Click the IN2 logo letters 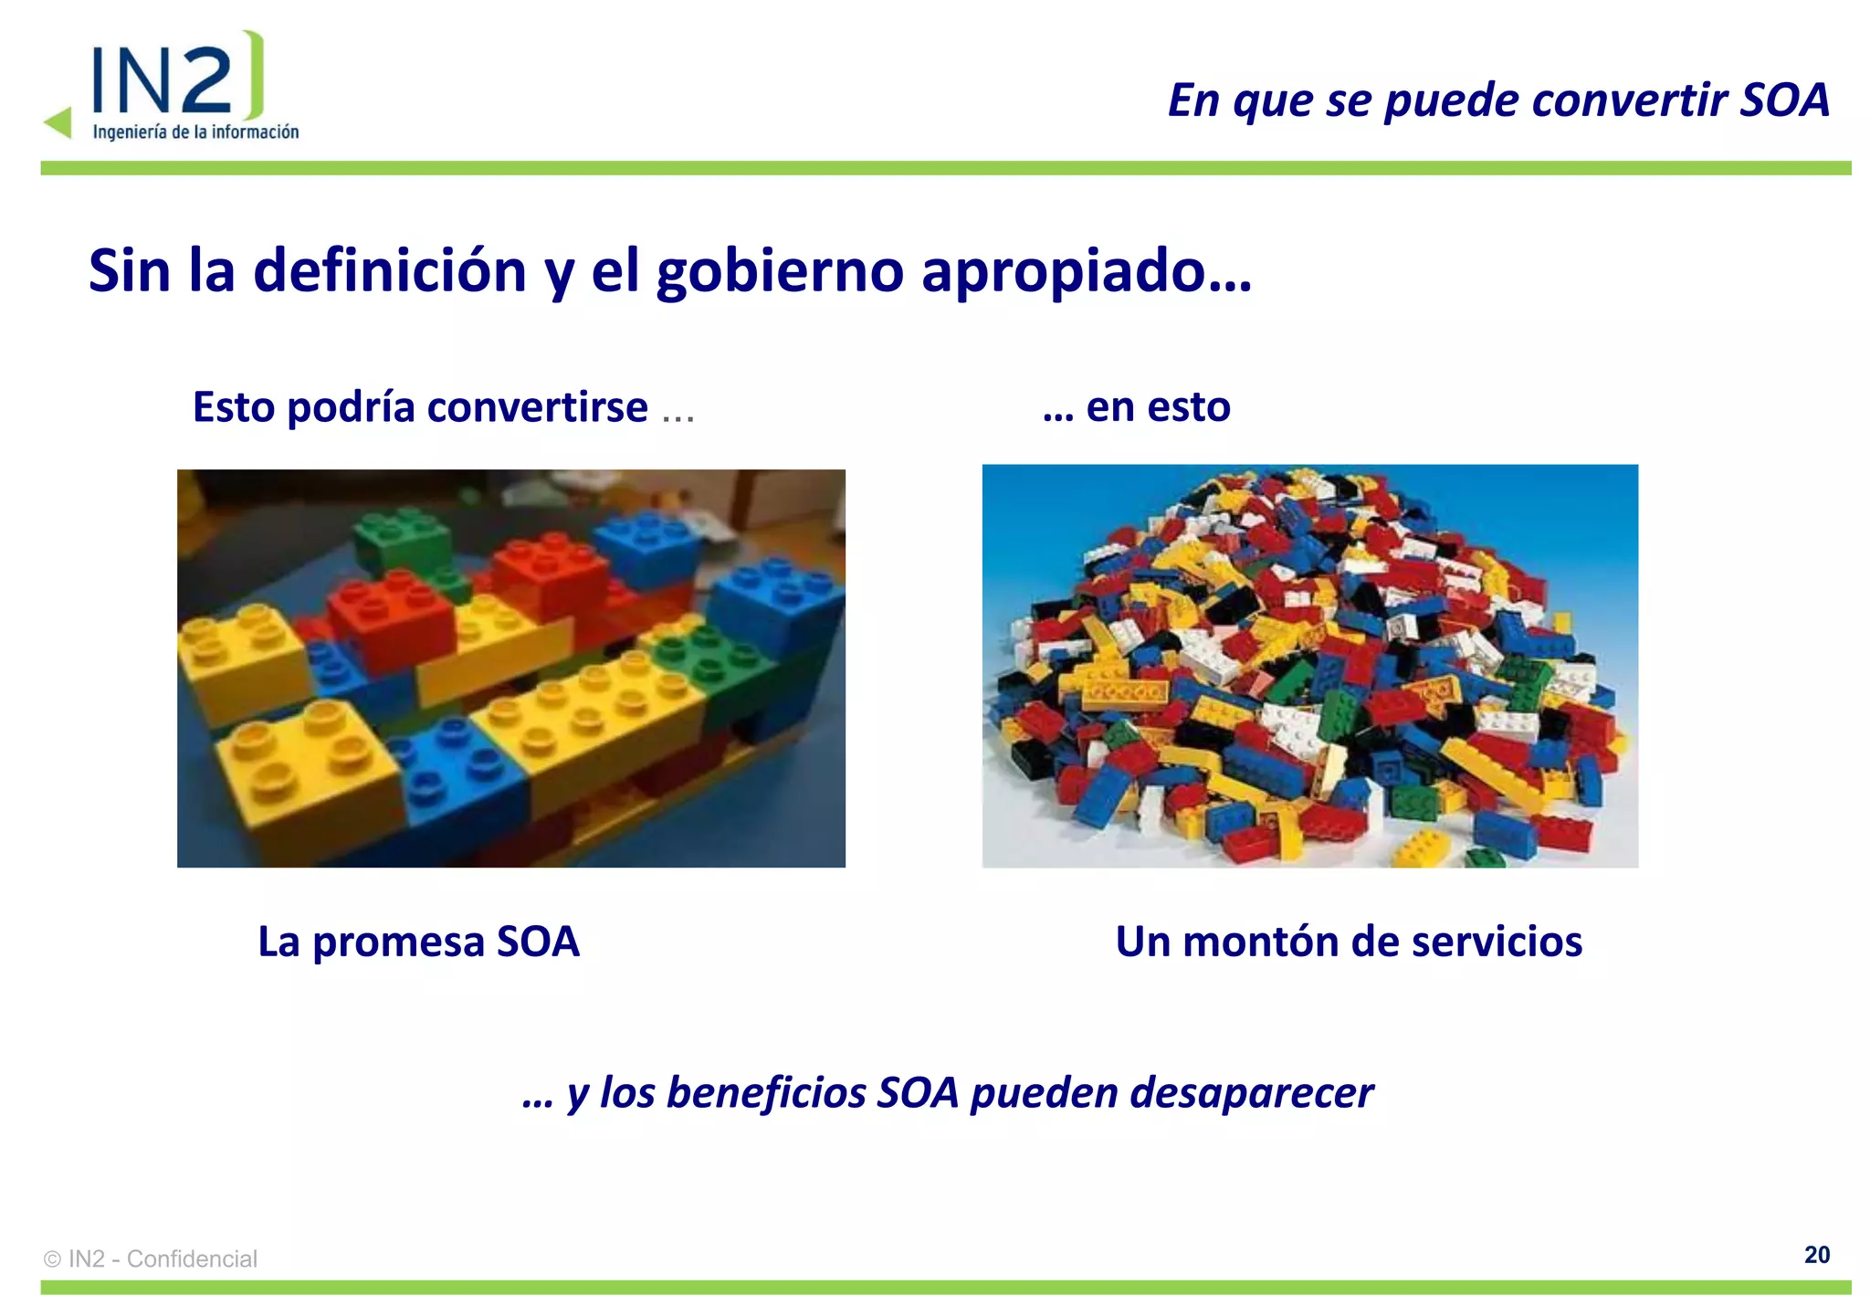tap(164, 80)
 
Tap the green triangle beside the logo tap(58, 122)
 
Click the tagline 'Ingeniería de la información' tap(195, 132)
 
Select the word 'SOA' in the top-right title tap(1784, 100)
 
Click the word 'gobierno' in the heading tap(780, 272)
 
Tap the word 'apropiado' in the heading tap(1063, 272)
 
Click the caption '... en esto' tap(1137, 407)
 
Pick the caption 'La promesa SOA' tap(418, 942)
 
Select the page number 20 tap(1816, 1255)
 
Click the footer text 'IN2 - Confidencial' tap(163, 1259)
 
